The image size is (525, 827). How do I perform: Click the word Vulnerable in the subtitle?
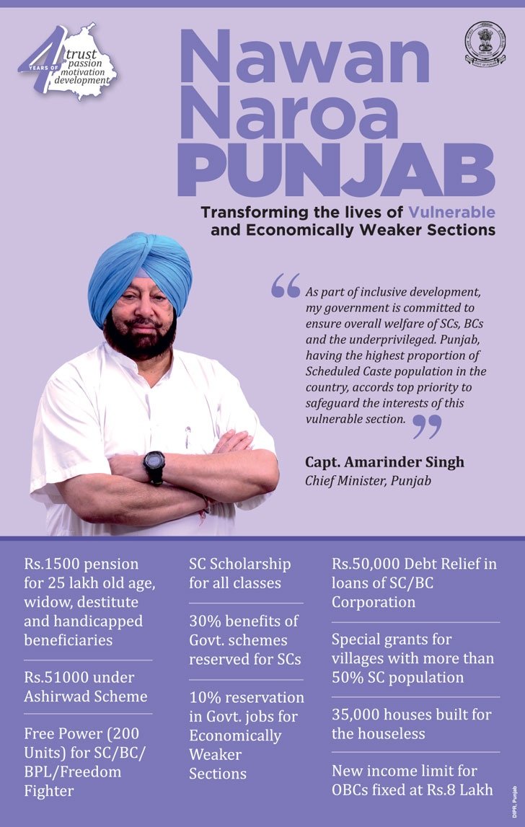pyautogui.click(x=451, y=213)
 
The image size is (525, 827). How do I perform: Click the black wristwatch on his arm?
pyautogui.click(x=154, y=466)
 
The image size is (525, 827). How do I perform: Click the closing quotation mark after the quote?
pyautogui.click(x=426, y=427)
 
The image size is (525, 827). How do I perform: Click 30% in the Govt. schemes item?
pyautogui.click(x=206, y=621)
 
